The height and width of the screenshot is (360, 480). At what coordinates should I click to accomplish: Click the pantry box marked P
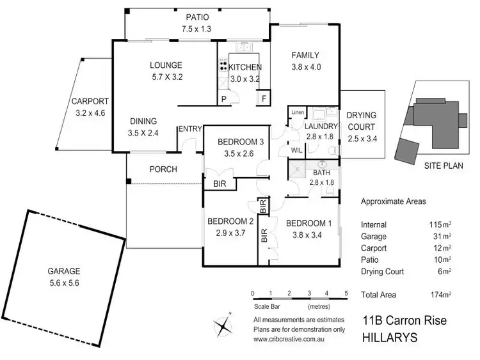223,99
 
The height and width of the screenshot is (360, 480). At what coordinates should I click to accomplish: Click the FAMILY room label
305,55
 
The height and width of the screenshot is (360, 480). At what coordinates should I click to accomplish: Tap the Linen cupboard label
297,113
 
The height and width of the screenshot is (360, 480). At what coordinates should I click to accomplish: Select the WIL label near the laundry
296,150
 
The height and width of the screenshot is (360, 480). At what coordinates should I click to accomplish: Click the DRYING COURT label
362,120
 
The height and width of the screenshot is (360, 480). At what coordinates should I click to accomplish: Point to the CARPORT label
90,101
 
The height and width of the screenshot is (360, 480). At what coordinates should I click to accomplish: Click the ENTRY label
189,129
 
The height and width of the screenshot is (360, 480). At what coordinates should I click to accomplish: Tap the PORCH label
163,169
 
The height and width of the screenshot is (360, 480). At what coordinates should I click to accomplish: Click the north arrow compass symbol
223,325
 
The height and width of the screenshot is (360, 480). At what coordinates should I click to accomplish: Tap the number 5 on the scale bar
346,293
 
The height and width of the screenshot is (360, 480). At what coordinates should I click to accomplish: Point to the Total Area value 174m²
440,295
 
